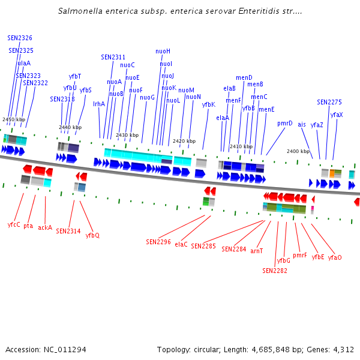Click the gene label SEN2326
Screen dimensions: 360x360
20,38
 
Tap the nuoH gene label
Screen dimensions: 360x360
163,51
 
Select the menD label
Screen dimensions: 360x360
244,77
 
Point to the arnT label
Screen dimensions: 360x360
257,251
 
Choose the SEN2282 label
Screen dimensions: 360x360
275,271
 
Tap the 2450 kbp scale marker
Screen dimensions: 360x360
14,119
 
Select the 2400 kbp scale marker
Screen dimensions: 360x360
298,151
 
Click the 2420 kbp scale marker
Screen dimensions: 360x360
184,141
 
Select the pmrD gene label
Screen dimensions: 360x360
285,123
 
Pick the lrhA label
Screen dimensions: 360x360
99,104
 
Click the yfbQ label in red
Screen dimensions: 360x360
92,235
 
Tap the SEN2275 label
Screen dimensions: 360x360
329,102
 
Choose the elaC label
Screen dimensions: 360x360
181,244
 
